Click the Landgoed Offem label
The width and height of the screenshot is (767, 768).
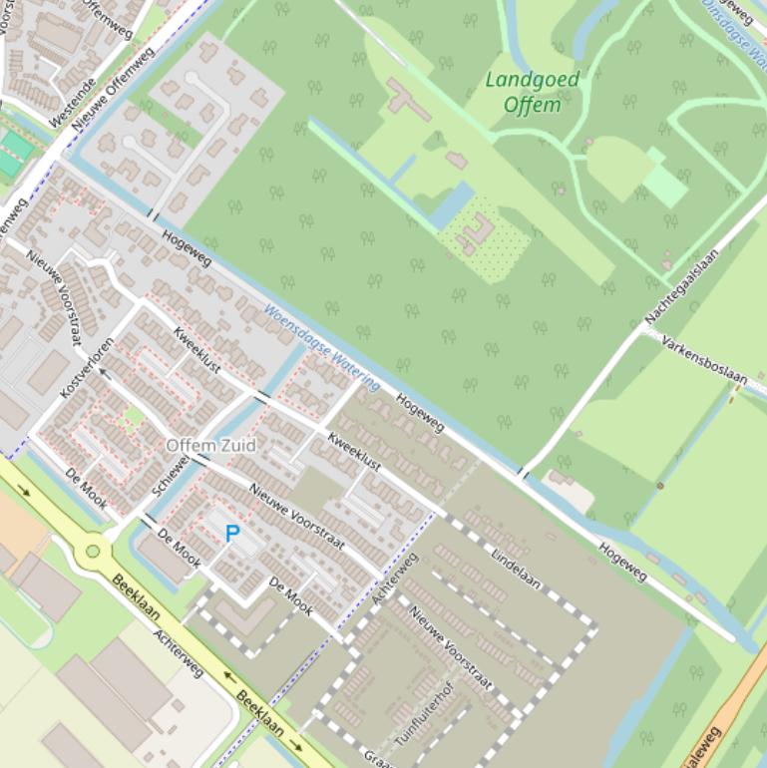533,92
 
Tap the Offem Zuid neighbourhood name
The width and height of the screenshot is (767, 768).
210,445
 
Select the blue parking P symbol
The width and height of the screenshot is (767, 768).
232,534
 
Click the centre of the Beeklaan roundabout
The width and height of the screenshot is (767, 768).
93,550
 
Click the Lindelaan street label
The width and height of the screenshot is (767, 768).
517,567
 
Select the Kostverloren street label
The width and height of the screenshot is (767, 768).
86,368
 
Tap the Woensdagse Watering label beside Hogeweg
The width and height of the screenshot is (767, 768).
322,348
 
